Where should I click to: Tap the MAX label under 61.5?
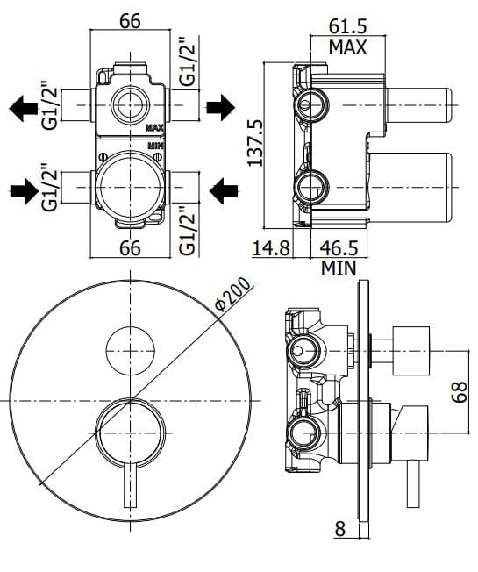(x=348, y=46)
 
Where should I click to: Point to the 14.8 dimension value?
(x=270, y=248)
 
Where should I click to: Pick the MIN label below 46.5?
(x=339, y=268)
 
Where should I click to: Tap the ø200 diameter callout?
(x=232, y=293)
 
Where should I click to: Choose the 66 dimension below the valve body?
(x=131, y=249)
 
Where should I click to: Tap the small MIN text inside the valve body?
(x=155, y=144)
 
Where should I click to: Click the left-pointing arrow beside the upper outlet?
(x=25, y=107)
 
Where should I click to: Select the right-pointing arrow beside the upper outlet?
(x=221, y=107)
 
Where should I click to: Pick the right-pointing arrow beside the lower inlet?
(x=25, y=187)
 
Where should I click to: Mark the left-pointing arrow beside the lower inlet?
(x=224, y=187)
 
